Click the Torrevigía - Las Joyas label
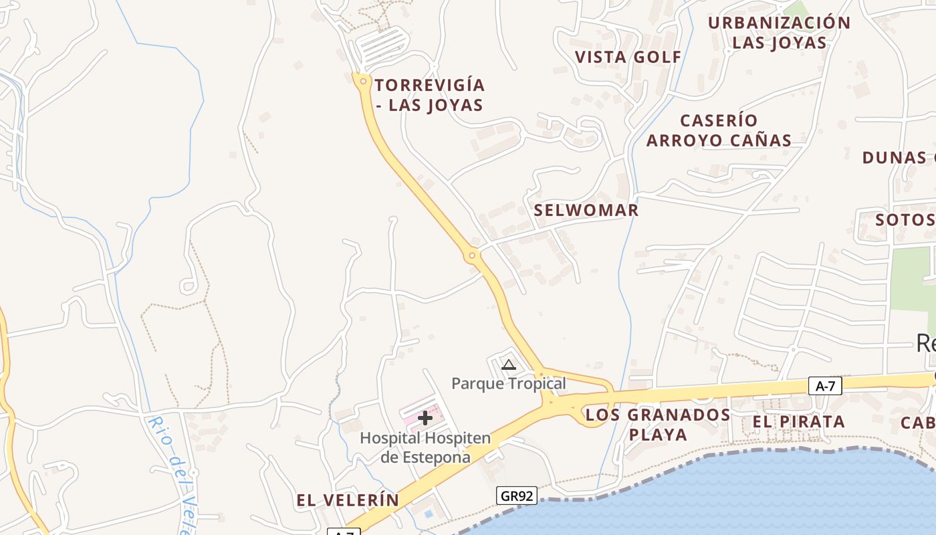429,95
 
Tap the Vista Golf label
628,58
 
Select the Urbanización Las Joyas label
779,33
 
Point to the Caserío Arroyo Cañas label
719,130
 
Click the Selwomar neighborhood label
586,211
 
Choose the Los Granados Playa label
658,425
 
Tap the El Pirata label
798,422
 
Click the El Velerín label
348,500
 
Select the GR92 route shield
517,496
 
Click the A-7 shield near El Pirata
825,386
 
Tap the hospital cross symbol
425,419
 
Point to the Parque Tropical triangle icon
509,364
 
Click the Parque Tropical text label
508,384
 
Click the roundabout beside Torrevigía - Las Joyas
362,82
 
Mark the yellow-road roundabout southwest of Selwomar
472,255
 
